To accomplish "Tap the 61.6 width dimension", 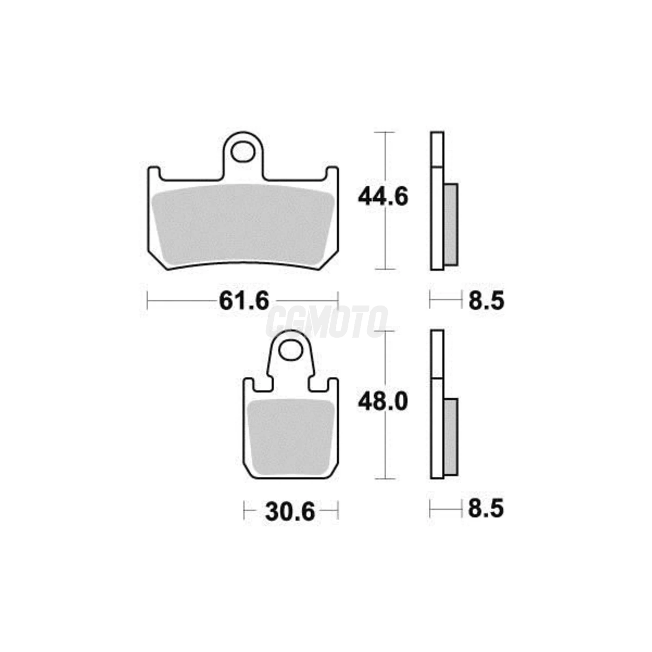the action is coord(244,300).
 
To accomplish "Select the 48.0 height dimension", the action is coord(383,402).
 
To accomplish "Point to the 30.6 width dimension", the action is coord(290,522).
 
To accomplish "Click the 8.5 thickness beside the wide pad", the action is coord(486,301).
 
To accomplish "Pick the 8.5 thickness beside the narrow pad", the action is coord(486,518).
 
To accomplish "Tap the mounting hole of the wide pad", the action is coord(243,151).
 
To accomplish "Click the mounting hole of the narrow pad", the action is coord(290,350).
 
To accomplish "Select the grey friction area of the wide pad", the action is coord(243,224).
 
